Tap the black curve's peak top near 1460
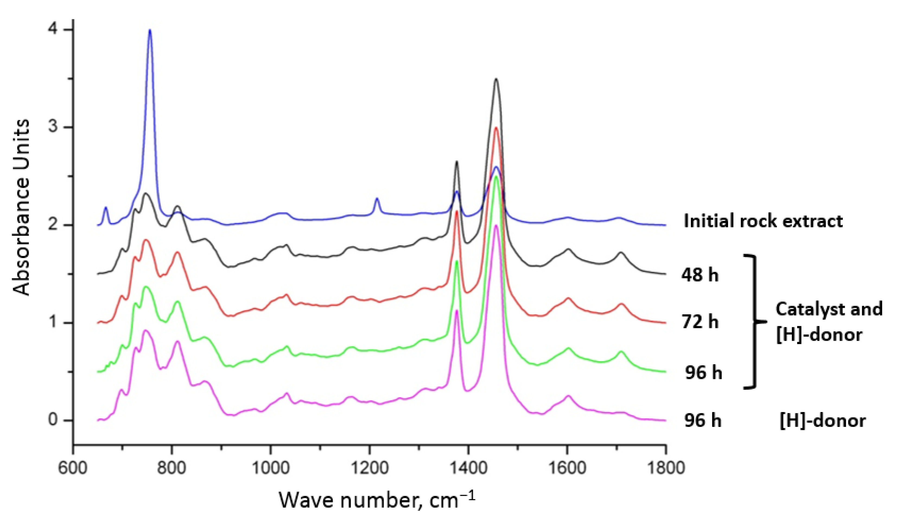click(496, 79)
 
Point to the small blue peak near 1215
click(376, 199)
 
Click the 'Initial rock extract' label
click(763, 221)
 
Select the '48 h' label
click(700, 275)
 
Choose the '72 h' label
click(700, 322)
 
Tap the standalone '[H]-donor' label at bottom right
click(822, 421)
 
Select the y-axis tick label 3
click(53, 127)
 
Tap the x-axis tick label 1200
click(369, 468)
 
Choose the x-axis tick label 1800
click(665, 468)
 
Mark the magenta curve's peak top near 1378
click(457, 311)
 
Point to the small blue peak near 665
click(106, 208)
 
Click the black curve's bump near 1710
click(621, 253)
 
